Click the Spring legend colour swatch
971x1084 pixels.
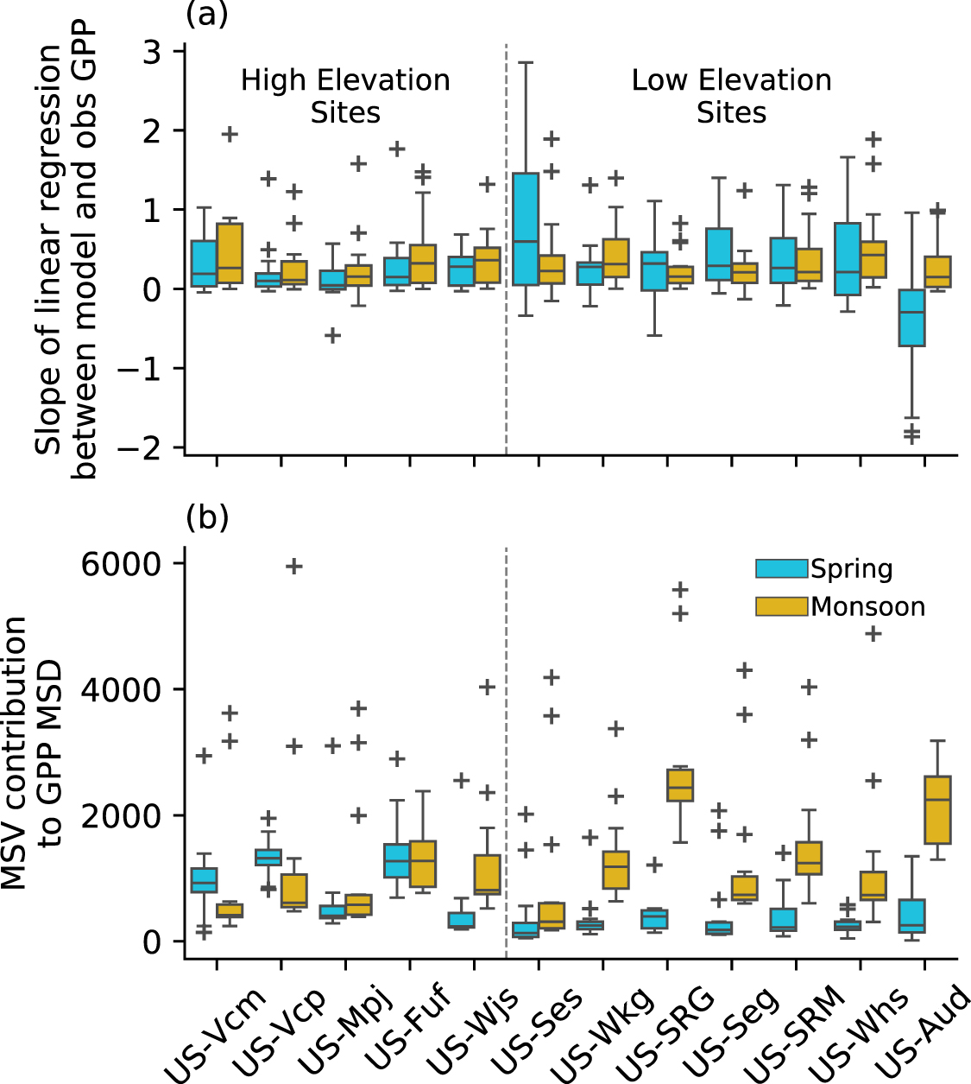point(781,568)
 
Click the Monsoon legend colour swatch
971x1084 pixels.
point(781,606)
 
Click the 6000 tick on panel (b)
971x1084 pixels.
point(120,564)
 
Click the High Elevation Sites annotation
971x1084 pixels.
point(345,96)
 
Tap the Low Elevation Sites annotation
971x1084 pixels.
point(731,96)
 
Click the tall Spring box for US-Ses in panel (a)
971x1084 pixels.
point(525,229)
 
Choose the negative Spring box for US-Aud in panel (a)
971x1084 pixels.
point(911,318)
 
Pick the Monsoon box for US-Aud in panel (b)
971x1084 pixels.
point(937,809)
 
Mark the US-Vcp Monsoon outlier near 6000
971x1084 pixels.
point(294,567)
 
